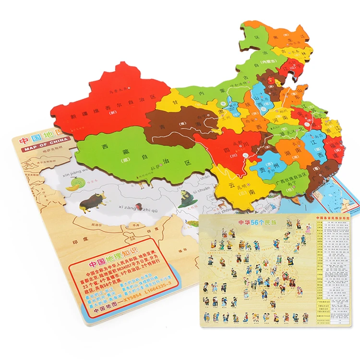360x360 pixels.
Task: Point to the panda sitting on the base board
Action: click(x=186, y=195)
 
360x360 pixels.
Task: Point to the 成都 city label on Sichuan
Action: click(x=239, y=144)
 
